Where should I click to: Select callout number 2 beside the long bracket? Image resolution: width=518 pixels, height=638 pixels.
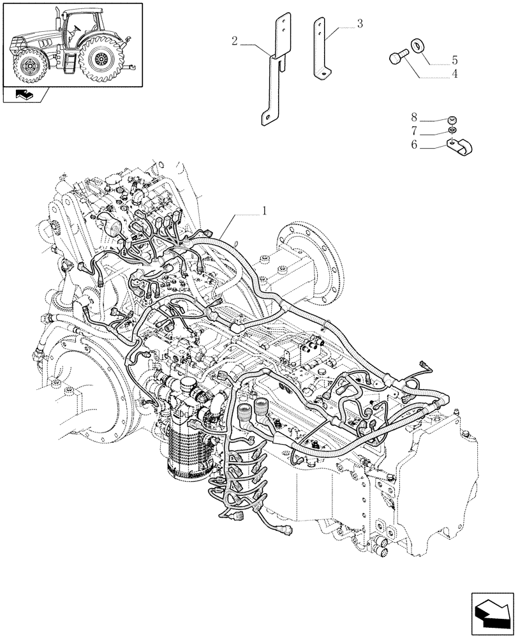235,42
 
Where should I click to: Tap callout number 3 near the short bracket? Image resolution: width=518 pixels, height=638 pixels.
360,24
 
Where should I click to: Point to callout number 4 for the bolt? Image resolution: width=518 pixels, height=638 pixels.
455,75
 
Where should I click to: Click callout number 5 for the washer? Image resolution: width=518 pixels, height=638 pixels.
455,61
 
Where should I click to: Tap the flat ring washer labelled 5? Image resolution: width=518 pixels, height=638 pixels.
418,45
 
